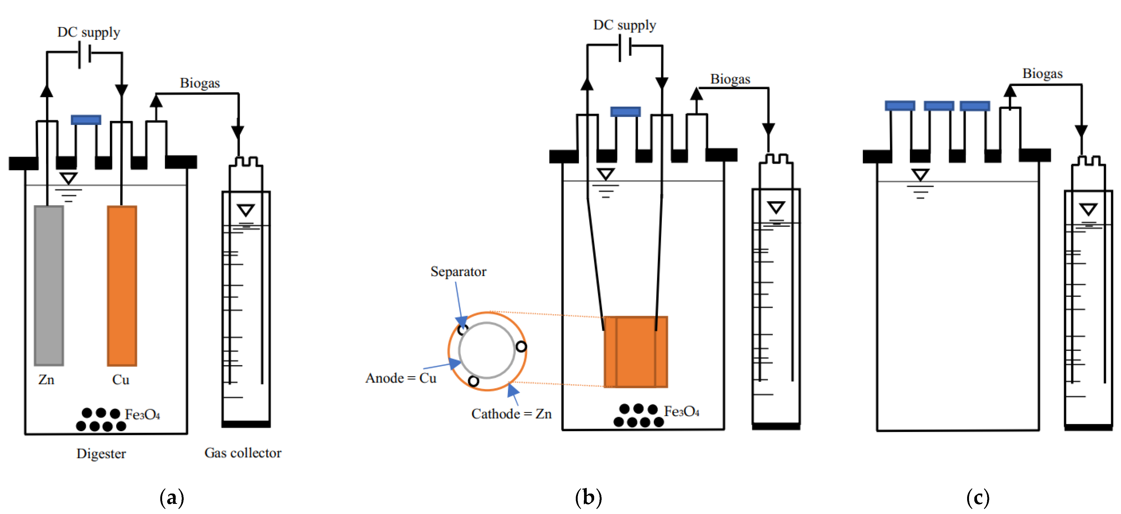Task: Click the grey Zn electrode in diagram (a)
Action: [49, 285]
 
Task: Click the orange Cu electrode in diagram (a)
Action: [122, 285]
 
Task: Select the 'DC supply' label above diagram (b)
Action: [625, 25]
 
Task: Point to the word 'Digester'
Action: [101, 454]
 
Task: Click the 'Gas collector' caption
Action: [243, 453]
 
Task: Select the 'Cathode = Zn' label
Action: [511, 413]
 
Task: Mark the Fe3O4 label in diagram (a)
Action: [142, 415]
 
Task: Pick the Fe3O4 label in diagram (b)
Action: [681, 411]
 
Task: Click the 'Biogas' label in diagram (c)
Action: [1042, 73]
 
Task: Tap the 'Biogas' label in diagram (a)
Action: [200, 83]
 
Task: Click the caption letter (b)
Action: [588, 497]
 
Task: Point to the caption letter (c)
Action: [978, 497]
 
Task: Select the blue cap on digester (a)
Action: [86, 120]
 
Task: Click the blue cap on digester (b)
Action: [625, 112]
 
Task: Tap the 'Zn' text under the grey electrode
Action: [46, 380]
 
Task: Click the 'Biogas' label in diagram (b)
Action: [730, 79]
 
